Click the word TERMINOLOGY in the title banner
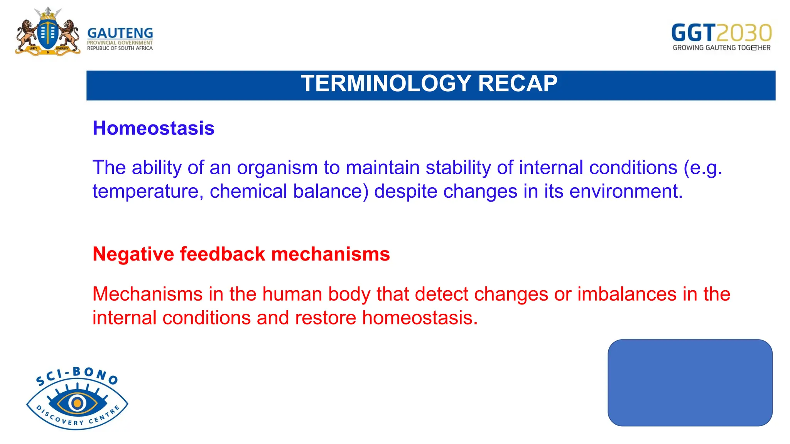coord(386,84)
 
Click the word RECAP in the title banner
coord(518,84)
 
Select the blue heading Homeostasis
coord(153,128)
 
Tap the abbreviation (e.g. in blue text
coord(702,168)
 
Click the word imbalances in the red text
coord(627,294)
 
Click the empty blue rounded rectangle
coord(690,382)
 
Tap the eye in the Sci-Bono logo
coord(77,403)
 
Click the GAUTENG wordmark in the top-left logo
coord(120,33)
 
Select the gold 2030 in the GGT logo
coord(744,33)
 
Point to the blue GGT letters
coord(693,33)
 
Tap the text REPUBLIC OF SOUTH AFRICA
coord(120,49)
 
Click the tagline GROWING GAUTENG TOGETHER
coord(721,48)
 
